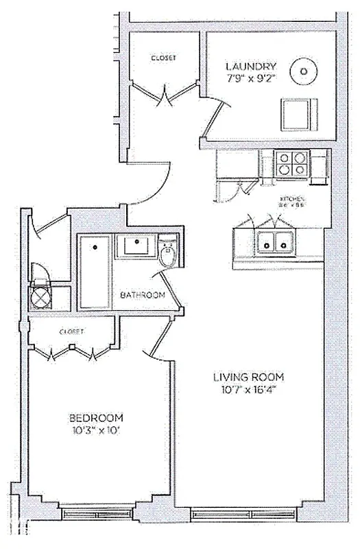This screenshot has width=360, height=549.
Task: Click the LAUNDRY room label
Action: pyautogui.click(x=251, y=67)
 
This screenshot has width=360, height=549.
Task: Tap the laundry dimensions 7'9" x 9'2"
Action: pyautogui.click(x=251, y=80)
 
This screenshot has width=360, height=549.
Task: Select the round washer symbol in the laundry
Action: pyautogui.click(x=302, y=69)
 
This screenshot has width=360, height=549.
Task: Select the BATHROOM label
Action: pyautogui.click(x=143, y=295)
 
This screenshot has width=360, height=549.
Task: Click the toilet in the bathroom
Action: pyautogui.click(x=167, y=253)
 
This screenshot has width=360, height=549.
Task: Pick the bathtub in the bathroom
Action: pyautogui.click(x=95, y=272)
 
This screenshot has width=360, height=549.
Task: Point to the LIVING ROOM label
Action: pyautogui.click(x=248, y=377)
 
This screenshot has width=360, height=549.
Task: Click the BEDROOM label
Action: pyautogui.click(x=97, y=418)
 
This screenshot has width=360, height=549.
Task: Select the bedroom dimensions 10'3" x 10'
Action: pyautogui.click(x=97, y=431)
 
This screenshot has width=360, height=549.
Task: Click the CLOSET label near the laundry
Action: pyautogui.click(x=164, y=58)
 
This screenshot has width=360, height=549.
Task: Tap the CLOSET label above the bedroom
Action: pyautogui.click(x=71, y=331)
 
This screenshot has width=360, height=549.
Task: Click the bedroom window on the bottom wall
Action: pyautogui.click(x=96, y=511)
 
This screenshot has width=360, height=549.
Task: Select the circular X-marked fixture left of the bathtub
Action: pyautogui.click(x=38, y=298)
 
